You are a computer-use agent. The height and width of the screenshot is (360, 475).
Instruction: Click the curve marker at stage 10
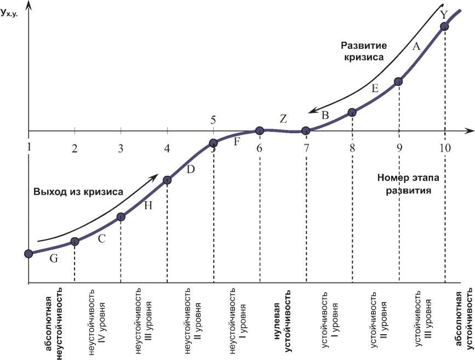click(444, 26)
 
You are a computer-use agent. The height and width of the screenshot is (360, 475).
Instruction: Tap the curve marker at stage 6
click(260, 130)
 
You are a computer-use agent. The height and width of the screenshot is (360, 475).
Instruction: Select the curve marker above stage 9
click(398, 82)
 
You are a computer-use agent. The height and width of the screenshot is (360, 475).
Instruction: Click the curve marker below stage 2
click(75, 242)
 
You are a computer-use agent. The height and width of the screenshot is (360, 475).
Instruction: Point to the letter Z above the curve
click(283, 118)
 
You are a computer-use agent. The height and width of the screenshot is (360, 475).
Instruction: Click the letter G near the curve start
click(53, 259)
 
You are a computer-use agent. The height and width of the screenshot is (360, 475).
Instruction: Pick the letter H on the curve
click(147, 205)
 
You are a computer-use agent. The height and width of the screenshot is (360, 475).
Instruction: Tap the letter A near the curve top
click(416, 47)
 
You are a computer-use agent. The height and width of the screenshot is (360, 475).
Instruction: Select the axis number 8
click(352, 147)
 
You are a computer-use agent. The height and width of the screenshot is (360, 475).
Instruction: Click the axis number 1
click(28, 147)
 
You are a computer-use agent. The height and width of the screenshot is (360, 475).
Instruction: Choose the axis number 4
click(167, 147)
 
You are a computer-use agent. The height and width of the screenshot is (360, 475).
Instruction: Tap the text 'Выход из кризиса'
click(78, 191)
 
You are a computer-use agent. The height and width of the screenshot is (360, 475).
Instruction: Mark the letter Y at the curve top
click(444, 14)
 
